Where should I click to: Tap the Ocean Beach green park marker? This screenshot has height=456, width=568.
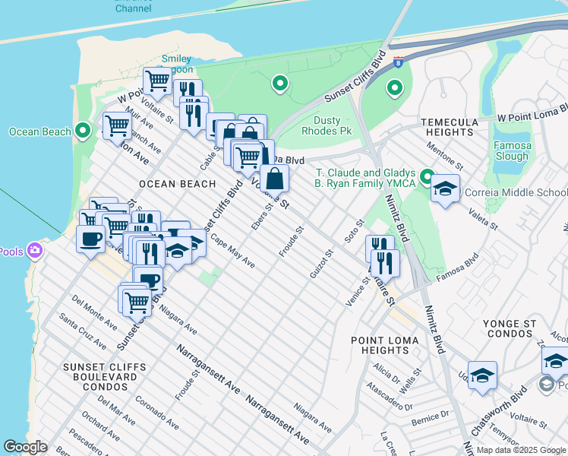click(84, 131)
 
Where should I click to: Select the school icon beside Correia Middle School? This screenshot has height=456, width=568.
click(446, 189)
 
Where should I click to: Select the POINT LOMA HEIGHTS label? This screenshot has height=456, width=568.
click(380, 345)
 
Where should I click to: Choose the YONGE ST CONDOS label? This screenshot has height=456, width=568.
click(510, 328)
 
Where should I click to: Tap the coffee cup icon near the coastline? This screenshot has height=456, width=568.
click(90, 239)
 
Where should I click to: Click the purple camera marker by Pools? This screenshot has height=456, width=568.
click(34, 250)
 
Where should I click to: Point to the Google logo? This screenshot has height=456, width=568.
click(26, 447)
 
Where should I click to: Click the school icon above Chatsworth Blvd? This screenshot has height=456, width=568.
click(482, 376)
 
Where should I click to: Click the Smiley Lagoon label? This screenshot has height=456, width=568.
click(176, 64)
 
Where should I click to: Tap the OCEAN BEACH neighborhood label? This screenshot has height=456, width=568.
click(177, 184)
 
